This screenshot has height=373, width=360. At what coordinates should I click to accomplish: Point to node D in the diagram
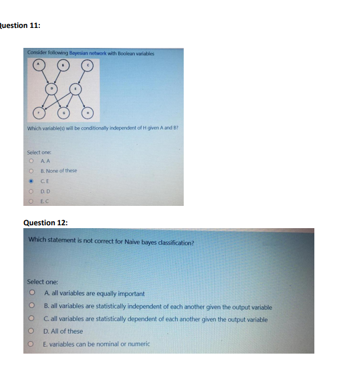(x=52, y=88)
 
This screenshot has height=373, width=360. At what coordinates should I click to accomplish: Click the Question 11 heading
(x=20, y=25)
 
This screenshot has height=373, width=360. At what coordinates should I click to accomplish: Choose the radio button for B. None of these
(x=31, y=171)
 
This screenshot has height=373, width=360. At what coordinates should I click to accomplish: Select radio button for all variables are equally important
(x=33, y=294)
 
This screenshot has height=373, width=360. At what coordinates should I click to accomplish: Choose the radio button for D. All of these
(x=33, y=331)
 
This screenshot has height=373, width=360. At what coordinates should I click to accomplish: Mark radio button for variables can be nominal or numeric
(x=33, y=344)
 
